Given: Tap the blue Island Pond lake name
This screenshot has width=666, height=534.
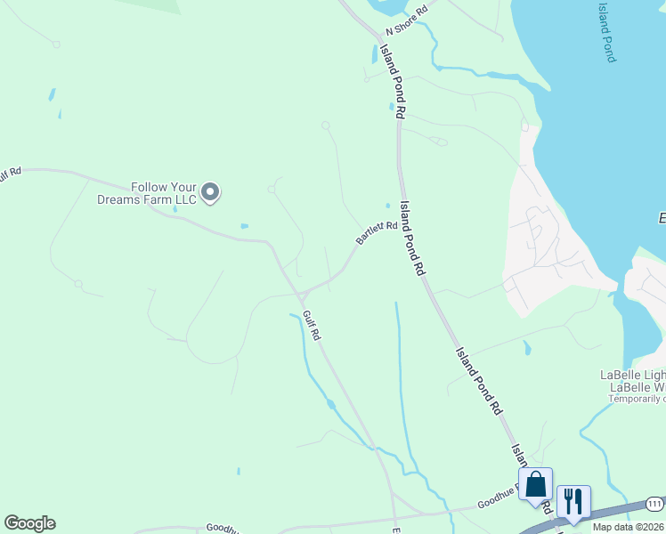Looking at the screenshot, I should [x=605, y=31].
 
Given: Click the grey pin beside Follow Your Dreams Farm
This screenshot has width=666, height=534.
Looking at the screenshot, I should [x=210, y=192].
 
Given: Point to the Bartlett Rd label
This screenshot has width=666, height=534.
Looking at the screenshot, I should [x=376, y=232].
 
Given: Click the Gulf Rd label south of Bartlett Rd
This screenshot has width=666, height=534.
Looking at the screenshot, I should [x=311, y=325].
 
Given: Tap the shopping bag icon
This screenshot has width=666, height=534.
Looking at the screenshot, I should [x=535, y=485].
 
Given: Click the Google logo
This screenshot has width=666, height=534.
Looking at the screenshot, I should [x=29, y=523].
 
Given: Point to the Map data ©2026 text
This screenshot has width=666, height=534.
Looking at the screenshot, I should [x=629, y=527].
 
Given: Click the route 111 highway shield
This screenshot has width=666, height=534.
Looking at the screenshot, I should [x=654, y=504].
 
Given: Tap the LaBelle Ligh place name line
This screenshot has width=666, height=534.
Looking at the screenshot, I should [x=634, y=376].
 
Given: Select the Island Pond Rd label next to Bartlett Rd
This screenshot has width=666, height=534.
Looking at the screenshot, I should [x=412, y=237].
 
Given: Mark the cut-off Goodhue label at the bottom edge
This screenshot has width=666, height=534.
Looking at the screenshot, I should [x=223, y=528].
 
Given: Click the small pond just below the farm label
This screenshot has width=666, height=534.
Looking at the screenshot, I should [x=243, y=226].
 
